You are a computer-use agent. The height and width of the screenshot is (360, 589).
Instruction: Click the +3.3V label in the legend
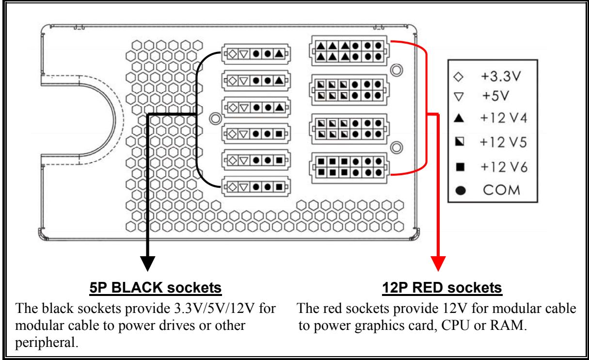coord(501,77)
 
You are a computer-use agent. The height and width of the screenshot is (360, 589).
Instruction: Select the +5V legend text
coord(495,96)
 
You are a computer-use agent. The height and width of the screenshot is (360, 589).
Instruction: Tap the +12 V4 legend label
coord(504,118)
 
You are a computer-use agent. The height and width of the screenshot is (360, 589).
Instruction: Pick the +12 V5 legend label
coord(503,142)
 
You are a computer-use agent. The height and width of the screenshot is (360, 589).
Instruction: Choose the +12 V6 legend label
coord(504,167)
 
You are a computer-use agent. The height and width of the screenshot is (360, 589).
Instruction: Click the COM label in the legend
coord(502,190)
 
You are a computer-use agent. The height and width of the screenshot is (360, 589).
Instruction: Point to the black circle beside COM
coord(461,191)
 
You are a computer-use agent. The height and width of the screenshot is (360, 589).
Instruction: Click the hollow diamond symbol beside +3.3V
coord(459,77)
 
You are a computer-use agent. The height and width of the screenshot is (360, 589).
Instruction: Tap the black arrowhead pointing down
coord(147,263)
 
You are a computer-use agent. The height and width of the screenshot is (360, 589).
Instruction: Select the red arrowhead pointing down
coord(438,263)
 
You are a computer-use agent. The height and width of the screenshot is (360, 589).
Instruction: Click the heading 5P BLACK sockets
coord(156,288)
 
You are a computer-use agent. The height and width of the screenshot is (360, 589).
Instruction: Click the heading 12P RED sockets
coord(442,288)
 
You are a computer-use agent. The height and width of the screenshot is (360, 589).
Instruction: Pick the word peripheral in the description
coord(47,343)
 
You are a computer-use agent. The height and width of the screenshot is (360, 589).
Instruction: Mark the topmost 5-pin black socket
coord(256,54)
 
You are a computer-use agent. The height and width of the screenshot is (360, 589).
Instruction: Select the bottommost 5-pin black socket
coord(256,187)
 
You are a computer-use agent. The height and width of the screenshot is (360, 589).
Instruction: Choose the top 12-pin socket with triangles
coord(349,51)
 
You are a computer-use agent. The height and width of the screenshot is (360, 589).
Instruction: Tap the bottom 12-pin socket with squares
coord(349,168)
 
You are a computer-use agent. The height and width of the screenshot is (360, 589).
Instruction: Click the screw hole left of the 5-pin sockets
coord(215,118)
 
